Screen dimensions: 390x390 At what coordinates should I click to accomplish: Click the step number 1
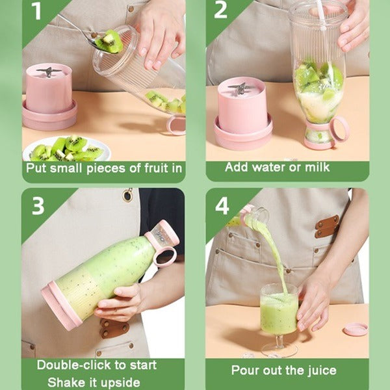pos(36,12)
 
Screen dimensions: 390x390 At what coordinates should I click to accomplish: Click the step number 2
pos(221,12)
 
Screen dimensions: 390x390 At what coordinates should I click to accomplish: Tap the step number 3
pos(38,205)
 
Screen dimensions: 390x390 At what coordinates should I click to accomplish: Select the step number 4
pos(222,206)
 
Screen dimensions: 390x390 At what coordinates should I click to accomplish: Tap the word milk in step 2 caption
pos(315,167)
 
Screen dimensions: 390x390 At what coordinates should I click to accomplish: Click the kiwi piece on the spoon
pos(109,42)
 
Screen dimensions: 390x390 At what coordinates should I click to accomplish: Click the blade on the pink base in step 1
pos(49,71)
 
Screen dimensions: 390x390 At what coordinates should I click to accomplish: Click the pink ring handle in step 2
pos(339,129)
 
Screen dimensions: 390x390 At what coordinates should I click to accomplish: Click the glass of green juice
pos(279,311)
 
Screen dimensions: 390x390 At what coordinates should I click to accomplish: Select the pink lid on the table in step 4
pos(355,329)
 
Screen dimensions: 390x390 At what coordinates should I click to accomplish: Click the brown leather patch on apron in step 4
pos(326,226)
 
